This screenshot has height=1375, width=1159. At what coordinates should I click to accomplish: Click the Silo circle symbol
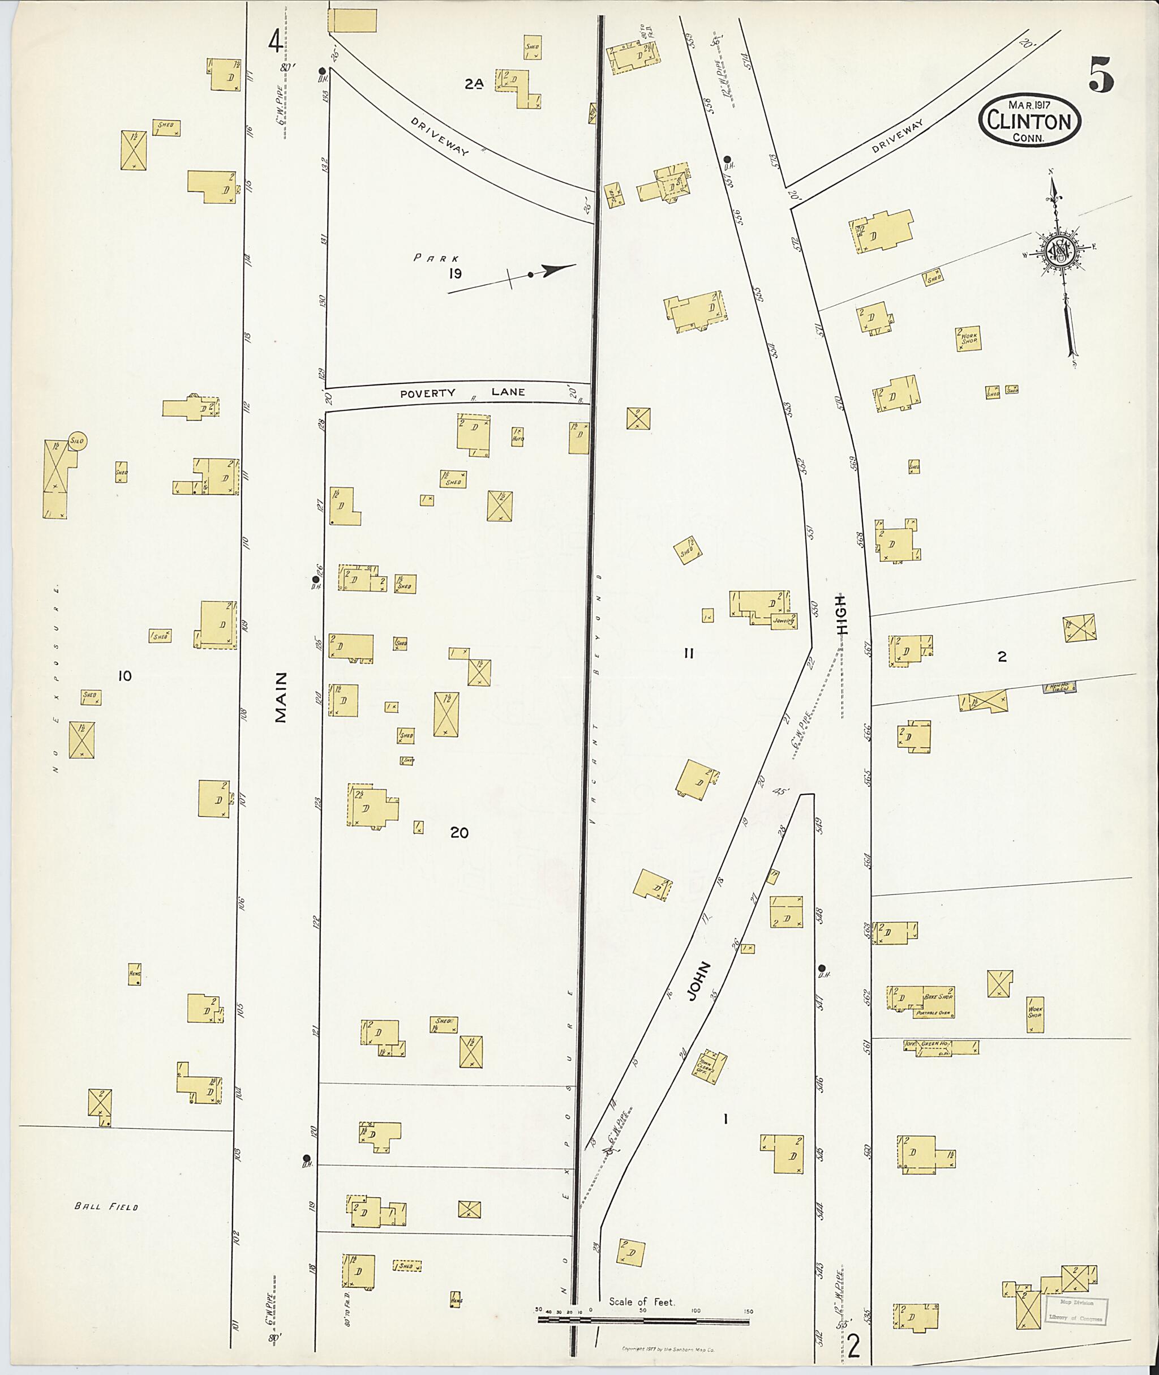coord(78,442)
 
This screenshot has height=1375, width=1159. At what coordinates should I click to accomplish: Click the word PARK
coord(436,258)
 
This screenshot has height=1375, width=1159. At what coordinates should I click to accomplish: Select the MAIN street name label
coord(281,697)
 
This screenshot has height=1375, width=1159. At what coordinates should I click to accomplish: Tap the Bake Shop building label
coord(938,997)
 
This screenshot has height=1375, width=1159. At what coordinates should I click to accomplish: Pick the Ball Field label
coord(106,1207)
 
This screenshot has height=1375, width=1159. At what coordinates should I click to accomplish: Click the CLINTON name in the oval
coord(1029,122)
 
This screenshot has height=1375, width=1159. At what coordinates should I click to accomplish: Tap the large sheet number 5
coord(1101,74)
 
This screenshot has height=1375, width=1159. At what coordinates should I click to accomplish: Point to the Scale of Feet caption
coord(641,1301)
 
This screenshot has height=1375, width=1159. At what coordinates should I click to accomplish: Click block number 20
coord(460,833)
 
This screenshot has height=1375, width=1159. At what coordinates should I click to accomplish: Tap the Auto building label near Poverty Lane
coord(518,437)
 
